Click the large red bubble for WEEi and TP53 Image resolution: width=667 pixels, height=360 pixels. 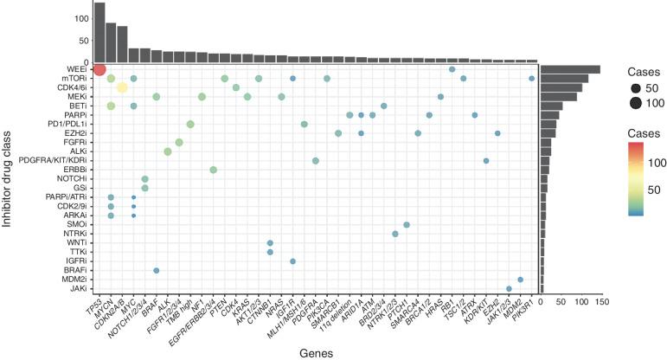[99, 69]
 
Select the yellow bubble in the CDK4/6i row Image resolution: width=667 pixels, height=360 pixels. [122, 87]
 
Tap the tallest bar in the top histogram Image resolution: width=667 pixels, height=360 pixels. [99, 33]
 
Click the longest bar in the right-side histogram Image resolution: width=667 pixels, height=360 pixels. [571, 69]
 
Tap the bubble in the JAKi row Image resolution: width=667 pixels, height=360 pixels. [509, 289]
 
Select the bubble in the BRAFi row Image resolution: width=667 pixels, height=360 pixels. [156, 270]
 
